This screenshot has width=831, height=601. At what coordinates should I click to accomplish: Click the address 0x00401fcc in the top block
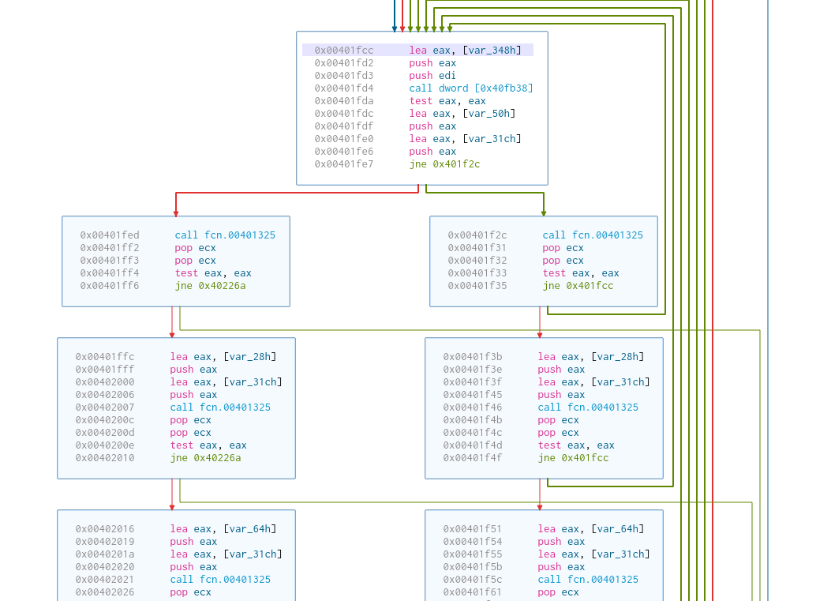[x=344, y=51]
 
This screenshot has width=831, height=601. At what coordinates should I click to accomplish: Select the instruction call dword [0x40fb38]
[x=471, y=88]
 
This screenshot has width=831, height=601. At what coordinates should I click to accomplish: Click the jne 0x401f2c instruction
[x=444, y=164]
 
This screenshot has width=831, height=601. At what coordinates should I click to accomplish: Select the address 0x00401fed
[x=110, y=235]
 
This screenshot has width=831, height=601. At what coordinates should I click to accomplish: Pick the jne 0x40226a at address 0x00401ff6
[x=210, y=286]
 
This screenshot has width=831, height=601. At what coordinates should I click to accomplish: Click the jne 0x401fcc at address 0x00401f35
[x=578, y=286]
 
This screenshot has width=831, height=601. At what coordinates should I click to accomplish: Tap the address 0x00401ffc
[x=105, y=357]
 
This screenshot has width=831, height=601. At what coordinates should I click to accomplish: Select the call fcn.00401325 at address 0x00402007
[x=220, y=408]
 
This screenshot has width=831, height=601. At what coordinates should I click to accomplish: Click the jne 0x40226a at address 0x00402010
[x=205, y=458]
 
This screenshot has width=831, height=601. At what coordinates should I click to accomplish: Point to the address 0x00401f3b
[x=473, y=357]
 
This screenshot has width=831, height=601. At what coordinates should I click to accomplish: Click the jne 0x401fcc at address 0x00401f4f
[x=573, y=458]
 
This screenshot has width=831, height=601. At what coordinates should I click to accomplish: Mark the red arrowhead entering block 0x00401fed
[x=176, y=212]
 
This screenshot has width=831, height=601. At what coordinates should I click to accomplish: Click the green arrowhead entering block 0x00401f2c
[x=544, y=212]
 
